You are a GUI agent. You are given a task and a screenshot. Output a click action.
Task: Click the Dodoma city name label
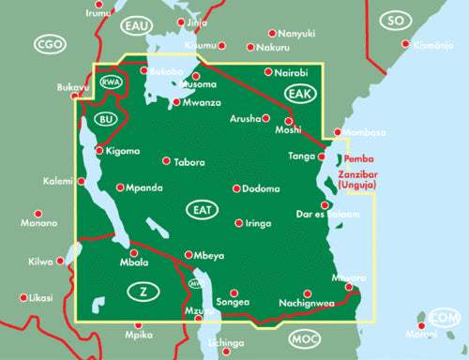[x=261, y=189]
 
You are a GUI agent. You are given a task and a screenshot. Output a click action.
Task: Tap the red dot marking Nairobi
[x=268, y=72]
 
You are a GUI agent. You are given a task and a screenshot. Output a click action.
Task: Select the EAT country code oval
[x=199, y=207]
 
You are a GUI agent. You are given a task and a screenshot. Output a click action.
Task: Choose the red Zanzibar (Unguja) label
[x=367, y=182]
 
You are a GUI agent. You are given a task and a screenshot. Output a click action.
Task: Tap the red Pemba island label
[x=358, y=160]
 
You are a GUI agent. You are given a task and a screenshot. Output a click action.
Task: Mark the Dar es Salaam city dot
[x=324, y=205]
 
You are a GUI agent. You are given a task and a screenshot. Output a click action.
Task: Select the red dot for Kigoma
[x=102, y=151]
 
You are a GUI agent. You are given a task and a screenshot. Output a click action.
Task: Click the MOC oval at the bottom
[x=303, y=337]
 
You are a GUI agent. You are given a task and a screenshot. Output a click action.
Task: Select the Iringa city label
[x=258, y=223]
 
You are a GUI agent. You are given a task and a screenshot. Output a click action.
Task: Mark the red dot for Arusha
[x=266, y=118]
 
